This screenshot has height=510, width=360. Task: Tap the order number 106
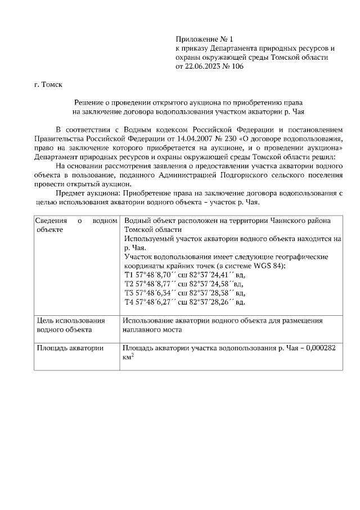pos(237,66)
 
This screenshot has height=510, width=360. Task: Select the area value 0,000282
pos(320,348)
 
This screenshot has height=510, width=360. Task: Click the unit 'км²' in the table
pos(128,357)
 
